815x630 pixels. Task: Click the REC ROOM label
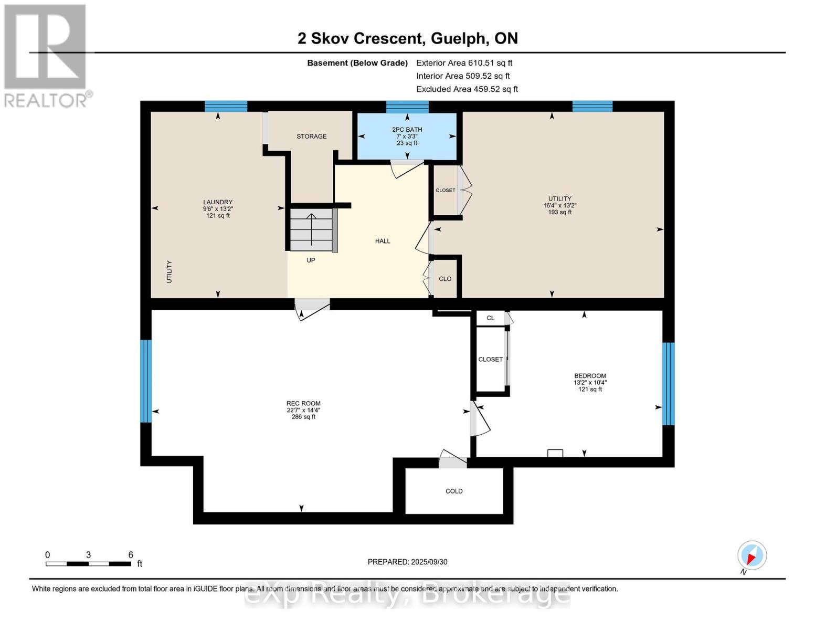pos(303,403)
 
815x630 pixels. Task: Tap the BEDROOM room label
pos(590,375)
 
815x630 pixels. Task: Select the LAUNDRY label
pos(218,202)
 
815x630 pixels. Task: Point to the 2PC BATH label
pos(407,130)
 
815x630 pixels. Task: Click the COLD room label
pos(454,491)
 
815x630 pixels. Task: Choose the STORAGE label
pos(311,136)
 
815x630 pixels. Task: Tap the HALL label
pos(383,241)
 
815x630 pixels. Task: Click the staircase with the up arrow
pos(312,229)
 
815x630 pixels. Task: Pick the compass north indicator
pos(752,556)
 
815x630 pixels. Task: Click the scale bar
pos(89,563)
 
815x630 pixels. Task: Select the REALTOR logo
pos(47,56)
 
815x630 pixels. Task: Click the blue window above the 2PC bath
pos(407,107)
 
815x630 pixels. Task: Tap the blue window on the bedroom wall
pos(669,383)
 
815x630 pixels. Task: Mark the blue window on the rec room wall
pos(146,381)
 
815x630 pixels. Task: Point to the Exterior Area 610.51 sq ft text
pos(464,63)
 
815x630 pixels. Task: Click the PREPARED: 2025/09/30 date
pos(407,562)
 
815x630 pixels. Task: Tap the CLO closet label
pos(445,279)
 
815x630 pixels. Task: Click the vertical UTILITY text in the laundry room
pos(169,271)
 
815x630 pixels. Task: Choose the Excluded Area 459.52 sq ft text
pos(467,89)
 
